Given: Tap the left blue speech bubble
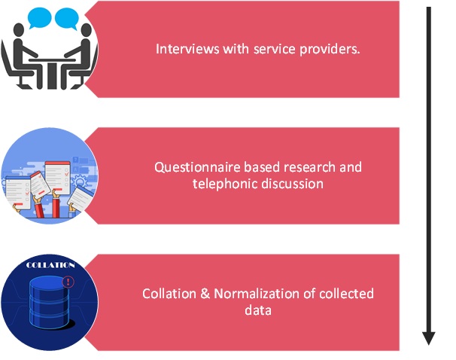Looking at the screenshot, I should pos(39,16).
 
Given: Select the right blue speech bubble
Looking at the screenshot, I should pos(67,16).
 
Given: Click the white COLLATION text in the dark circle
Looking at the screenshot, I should pos(50,265).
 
